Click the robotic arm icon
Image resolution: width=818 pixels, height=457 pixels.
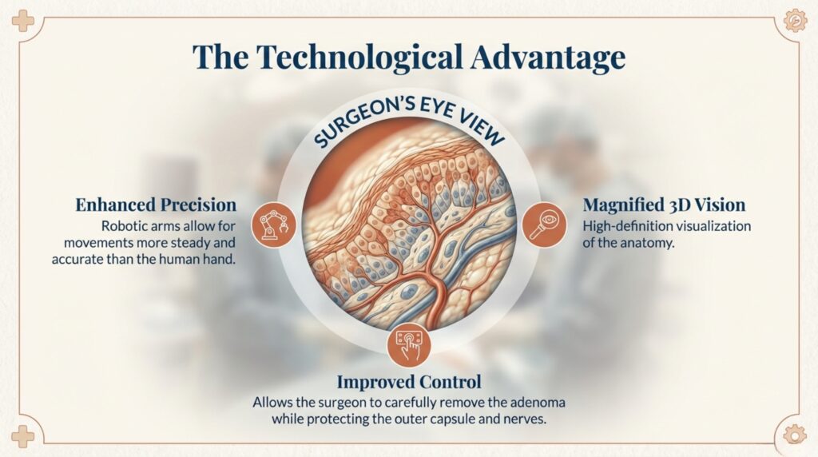coord(274,225)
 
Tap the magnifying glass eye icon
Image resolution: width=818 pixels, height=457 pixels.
coord(544,225)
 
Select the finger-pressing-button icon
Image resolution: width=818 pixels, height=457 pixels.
coord(409,346)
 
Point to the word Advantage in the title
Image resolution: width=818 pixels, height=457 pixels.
coord(548,58)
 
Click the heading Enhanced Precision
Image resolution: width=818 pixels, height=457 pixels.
coord(156,205)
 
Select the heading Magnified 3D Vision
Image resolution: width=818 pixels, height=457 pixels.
coord(664,205)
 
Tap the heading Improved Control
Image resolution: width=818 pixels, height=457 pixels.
coord(409,381)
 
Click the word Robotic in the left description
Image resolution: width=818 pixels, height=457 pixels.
coord(121,226)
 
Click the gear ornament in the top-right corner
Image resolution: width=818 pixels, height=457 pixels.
coord(795,21)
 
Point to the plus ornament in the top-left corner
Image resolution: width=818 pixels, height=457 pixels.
coord(22,21)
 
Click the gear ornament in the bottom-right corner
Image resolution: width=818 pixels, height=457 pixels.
coord(795,435)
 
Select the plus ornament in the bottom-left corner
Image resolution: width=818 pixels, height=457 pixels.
coord(22,436)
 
